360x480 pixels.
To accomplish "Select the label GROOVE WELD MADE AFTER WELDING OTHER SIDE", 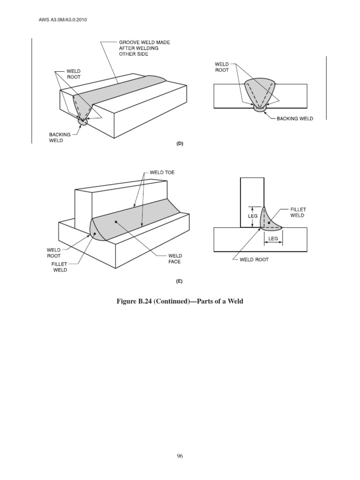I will [144, 48].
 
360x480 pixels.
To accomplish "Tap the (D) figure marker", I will [180, 144].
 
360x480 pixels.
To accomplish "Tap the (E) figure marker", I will [180, 281].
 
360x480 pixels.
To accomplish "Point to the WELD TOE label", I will [162, 172].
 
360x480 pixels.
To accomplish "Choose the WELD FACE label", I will [175, 259].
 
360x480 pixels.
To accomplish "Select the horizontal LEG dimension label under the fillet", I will [273, 239].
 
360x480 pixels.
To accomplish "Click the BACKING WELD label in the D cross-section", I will [294, 119].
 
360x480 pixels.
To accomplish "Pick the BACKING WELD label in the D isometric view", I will [60, 137].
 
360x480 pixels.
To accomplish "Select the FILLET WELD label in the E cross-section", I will [297, 212].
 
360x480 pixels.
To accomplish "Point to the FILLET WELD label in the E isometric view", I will [60, 267].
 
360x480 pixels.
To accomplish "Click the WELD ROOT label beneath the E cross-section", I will [254, 260].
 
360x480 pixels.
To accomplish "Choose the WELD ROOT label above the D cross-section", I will [221, 66].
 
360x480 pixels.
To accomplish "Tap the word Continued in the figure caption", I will [164, 301].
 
